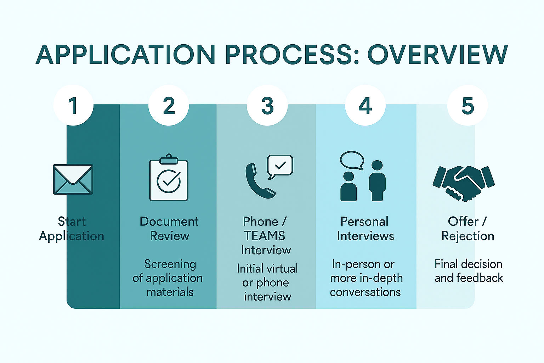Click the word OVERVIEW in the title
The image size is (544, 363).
point(438,55)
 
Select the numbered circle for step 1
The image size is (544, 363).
point(73,105)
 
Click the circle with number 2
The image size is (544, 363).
point(169,105)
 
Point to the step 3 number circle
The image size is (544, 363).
point(267,105)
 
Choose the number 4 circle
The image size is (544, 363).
point(365,105)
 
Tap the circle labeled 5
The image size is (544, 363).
point(467,105)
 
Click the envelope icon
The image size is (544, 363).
point(73,179)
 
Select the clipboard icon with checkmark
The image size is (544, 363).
point(169,179)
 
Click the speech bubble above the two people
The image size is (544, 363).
point(352,160)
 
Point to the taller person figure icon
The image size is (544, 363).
point(377,181)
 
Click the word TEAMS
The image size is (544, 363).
point(265,236)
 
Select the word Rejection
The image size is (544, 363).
point(467,236)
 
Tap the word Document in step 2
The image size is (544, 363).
point(169,222)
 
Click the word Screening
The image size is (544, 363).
point(170,264)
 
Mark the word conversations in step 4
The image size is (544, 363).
point(365,292)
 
